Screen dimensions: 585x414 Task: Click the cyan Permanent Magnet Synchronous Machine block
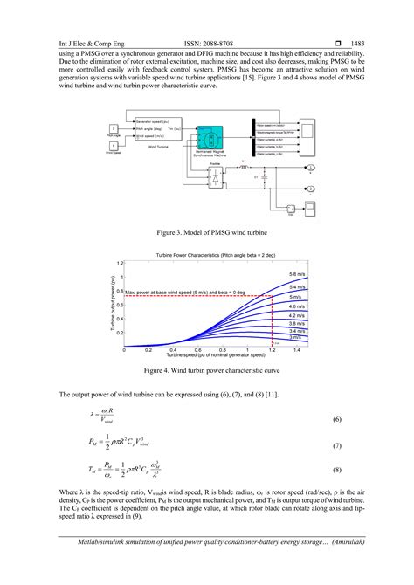[x=210, y=140]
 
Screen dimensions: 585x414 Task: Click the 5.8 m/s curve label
[x=298, y=275]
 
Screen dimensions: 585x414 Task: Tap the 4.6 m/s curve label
[x=297, y=306]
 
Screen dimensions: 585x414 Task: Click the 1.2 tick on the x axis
[x=272, y=349]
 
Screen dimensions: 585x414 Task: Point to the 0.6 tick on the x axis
[x=197, y=349]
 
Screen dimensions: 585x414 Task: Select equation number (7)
[x=336, y=445]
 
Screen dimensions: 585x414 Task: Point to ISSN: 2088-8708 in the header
[x=208, y=41]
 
